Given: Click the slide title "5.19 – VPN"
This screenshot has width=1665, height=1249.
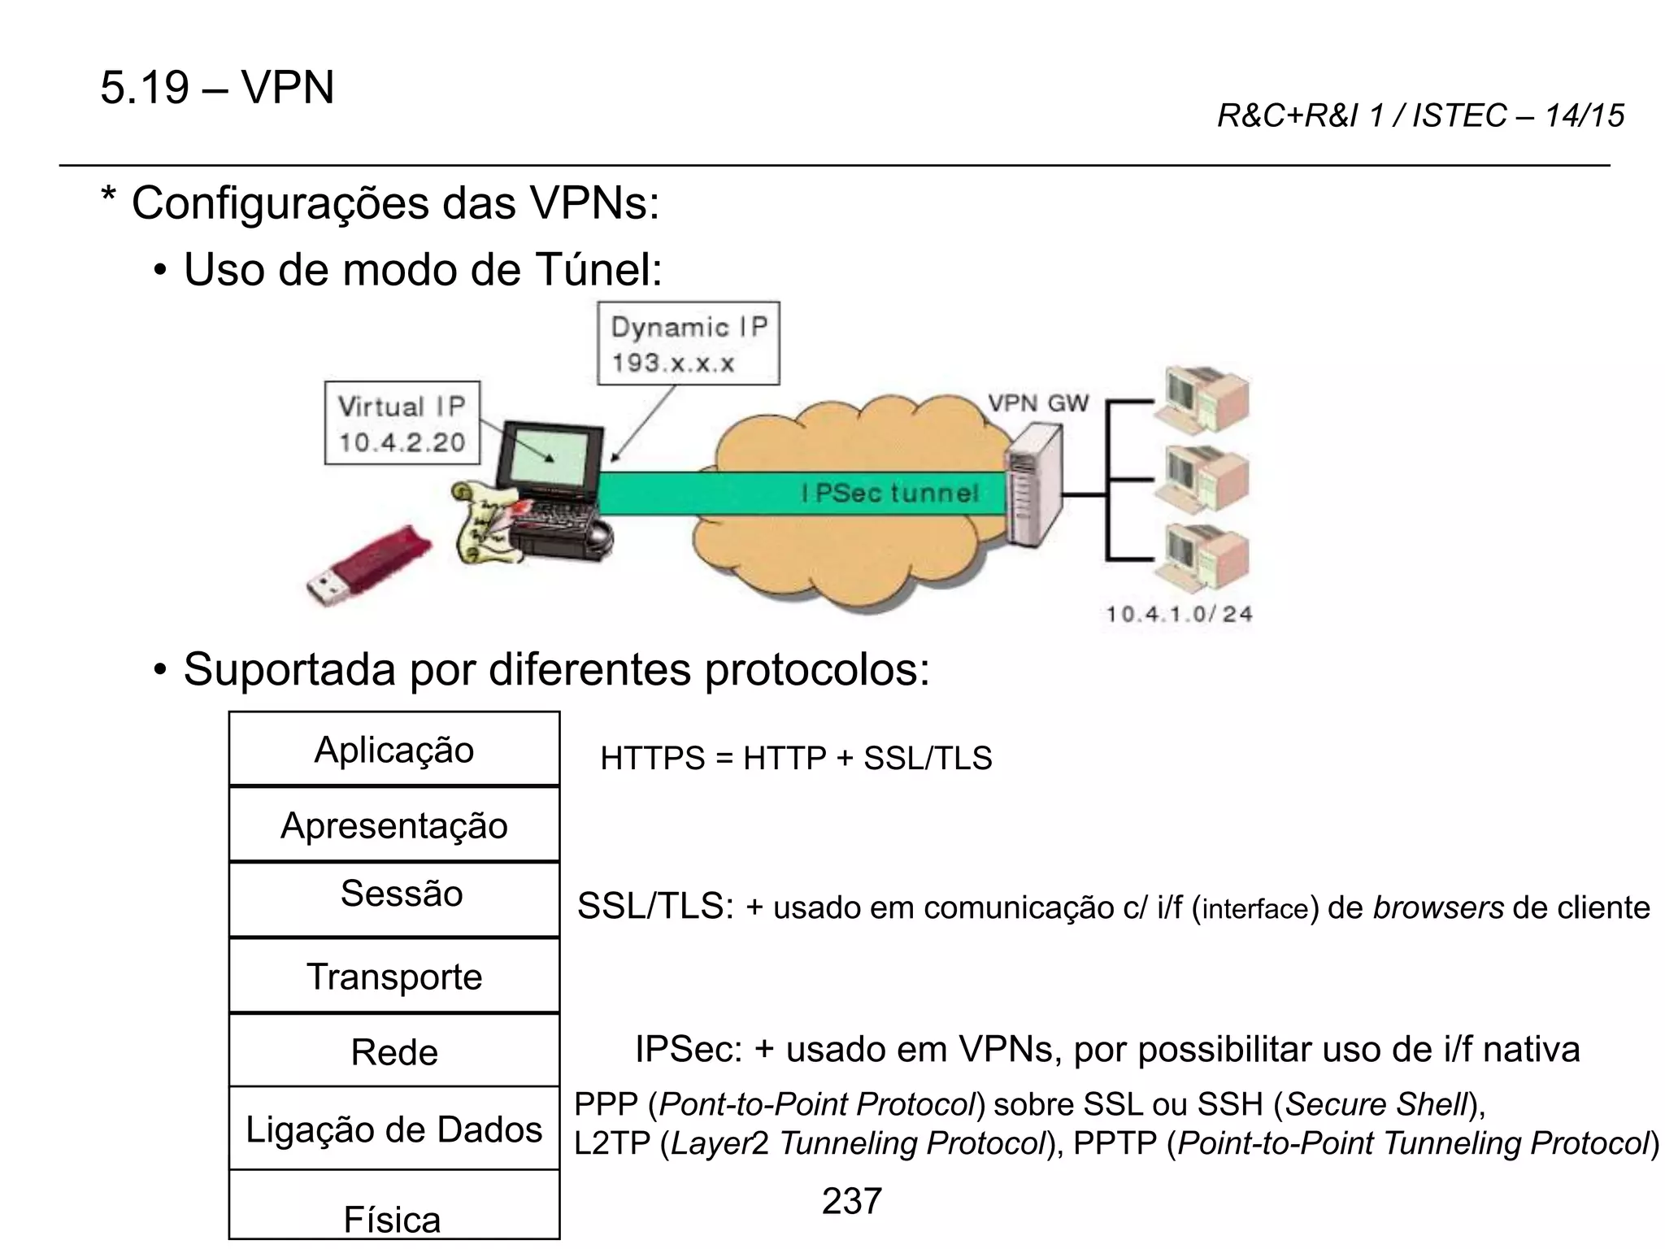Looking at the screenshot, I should point(217,88).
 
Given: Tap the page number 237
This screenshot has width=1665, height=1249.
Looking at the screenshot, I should point(851,1201).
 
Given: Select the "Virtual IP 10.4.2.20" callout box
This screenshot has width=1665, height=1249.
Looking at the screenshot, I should point(402,424).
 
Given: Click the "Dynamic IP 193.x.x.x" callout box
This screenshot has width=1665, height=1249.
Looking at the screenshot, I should point(688,344).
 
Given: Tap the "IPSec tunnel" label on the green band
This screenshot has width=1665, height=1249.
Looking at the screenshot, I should point(889,493).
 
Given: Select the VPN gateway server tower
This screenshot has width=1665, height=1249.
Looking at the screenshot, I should point(1033,488).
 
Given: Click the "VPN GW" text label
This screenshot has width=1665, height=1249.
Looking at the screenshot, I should point(1037,403).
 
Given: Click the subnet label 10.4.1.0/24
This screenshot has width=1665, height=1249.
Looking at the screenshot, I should point(1178,614).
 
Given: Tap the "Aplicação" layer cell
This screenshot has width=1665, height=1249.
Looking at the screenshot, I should point(394,749).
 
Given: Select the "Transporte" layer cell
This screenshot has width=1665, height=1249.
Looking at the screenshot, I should point(394,976).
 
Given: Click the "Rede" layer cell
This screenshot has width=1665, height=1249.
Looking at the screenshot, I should point(394,1051).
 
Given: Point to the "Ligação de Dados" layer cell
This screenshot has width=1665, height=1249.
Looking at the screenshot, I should point(394,1129).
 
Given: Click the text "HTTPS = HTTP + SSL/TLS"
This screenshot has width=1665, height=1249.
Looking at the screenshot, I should point(796,758).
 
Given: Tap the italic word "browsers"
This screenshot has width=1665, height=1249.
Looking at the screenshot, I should point(1437,907).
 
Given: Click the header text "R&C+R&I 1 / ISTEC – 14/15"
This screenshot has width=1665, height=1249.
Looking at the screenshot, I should point(1419,116).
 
